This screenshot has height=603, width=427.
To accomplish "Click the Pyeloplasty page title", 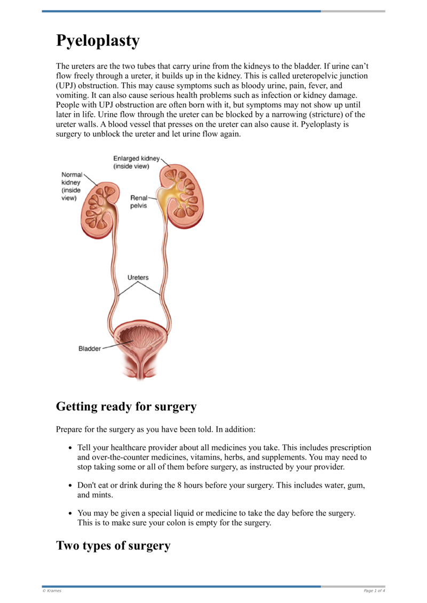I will (x=98, y=41).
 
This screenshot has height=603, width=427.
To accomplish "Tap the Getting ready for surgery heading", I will (x=126, y=407).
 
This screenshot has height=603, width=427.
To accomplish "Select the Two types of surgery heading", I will (x=113, y=546).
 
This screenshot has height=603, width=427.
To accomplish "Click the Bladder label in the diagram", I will (x=90, y=348).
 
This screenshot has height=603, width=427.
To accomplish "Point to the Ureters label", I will (x=138, y=277).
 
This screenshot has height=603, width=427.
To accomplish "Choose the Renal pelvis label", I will (x=139, y=202).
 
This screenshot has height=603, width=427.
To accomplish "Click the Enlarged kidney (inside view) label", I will (x=136, y=162).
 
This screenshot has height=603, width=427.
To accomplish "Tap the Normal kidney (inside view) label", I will (x=72, y=186).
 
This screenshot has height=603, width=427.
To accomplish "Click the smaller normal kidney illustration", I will (x=100, y=208).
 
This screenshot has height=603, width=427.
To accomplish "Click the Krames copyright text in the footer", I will (x=52, y=591).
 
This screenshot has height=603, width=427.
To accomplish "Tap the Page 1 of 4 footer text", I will (x=374, y=591).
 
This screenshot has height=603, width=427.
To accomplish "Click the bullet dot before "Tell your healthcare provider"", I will (x=71, y=448).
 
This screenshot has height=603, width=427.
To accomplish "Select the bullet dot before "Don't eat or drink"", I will (x=71, y=486).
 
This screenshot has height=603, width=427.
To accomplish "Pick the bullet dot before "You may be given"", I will (x=71, y=513).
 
